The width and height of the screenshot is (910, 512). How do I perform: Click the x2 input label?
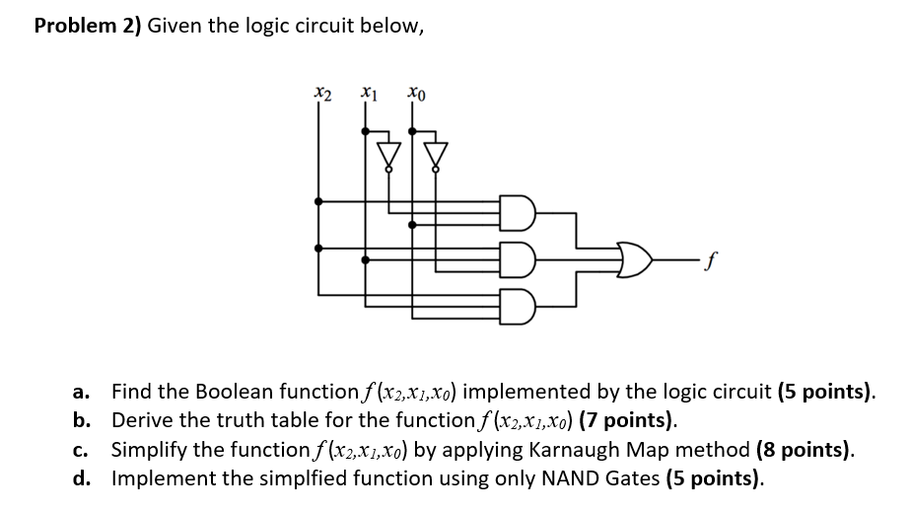tap(322, 95)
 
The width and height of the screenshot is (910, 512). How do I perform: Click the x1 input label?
tap(368, 95)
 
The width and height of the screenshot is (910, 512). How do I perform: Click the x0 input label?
tap(416, 95)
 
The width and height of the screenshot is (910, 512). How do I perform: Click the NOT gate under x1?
tap(390, 156)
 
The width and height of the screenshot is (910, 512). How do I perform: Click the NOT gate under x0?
tap(436, 156)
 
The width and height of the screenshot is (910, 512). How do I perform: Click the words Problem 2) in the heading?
tap(88, 27)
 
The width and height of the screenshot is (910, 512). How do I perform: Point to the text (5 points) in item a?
tap(826, 392)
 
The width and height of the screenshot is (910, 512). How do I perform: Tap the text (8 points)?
tap(805, 450)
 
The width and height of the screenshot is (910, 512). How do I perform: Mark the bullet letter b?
tap(82, 421)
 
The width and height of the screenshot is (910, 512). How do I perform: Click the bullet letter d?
tap(82, 479)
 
